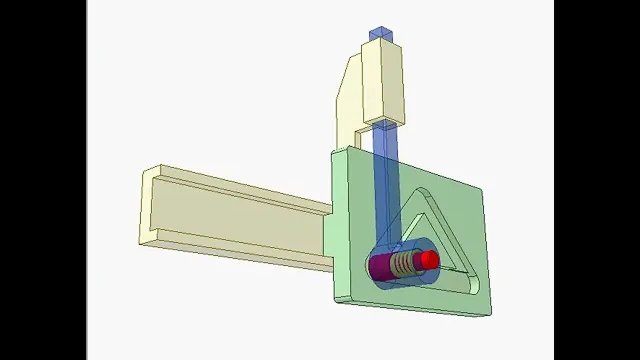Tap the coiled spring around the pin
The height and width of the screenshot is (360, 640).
point(403,263)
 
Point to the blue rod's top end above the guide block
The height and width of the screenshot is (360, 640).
point(380,33)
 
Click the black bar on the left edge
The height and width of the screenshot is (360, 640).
point(42,180)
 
